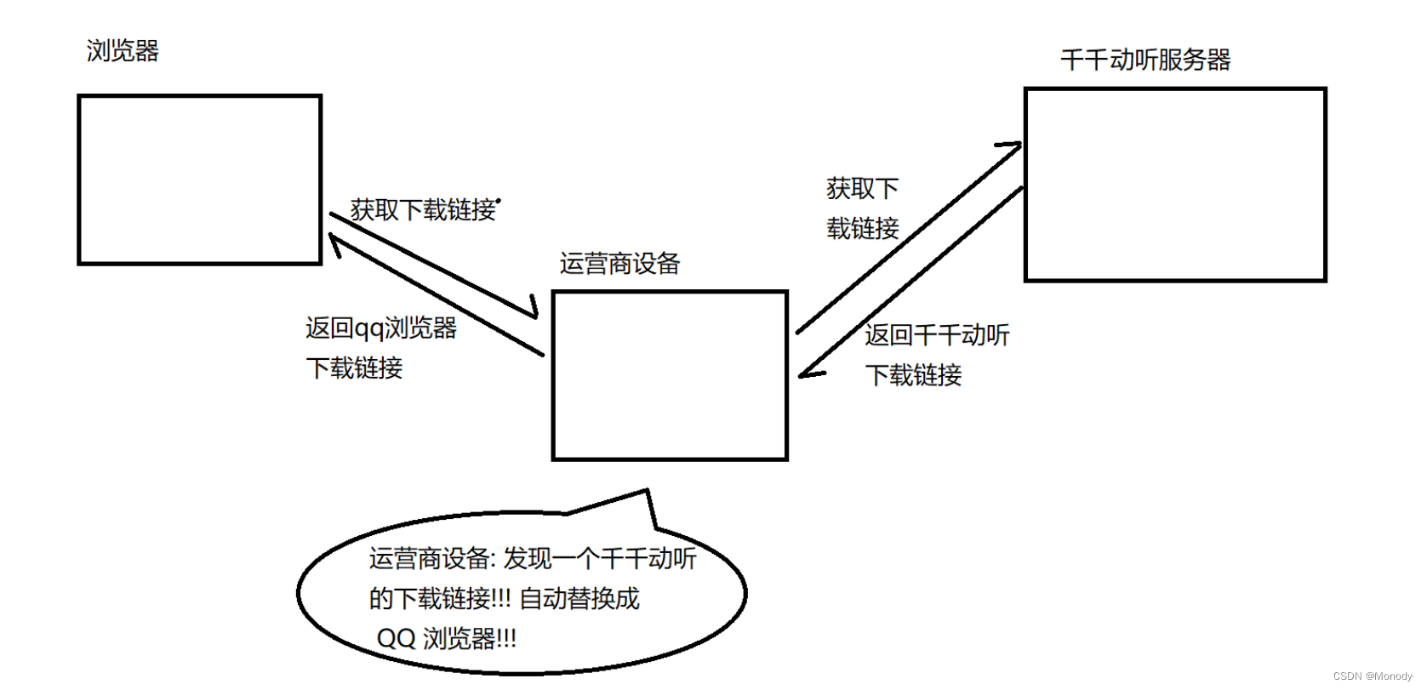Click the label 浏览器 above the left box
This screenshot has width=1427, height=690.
coord(123,51)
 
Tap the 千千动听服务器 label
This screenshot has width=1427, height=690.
coord(1145,60)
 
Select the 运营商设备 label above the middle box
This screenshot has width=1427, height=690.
coord(619,264)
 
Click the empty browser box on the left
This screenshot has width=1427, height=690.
coord(199,180)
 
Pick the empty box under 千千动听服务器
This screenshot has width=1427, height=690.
coord(1175,184)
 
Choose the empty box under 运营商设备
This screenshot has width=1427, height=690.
coord(670,375)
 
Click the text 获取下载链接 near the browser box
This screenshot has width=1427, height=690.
coord(423,209)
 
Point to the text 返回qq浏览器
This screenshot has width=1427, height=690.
coord(381,328)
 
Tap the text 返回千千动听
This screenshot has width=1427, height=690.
coord(937,335)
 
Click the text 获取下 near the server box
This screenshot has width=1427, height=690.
coord(862,188)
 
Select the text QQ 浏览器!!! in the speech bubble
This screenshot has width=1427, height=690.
coord(447,638)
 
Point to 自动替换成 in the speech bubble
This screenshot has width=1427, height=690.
coord(579,598)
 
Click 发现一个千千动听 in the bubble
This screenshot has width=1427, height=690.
coord(600,558)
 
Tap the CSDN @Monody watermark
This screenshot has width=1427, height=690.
coord(1373,676)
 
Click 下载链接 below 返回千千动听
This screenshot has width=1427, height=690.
coord(913,375)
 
